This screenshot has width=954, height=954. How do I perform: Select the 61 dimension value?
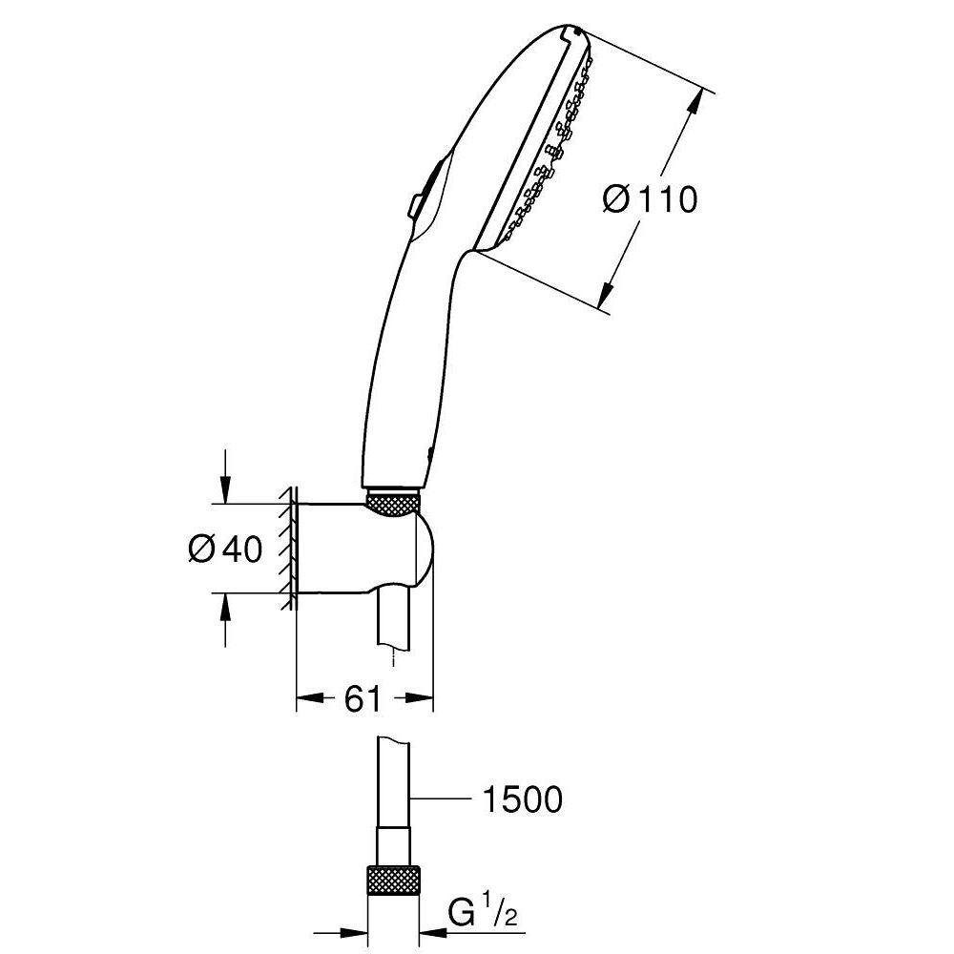pos(363,700)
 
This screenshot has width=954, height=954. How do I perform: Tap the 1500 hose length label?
pos(519,799)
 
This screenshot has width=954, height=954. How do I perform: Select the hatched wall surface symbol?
pos(287,549)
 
